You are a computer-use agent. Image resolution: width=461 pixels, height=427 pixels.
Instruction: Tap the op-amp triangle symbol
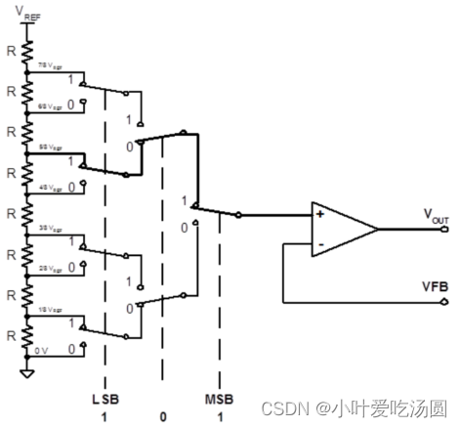click(341, 229)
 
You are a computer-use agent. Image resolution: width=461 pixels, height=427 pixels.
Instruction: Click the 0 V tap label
click(40, 348)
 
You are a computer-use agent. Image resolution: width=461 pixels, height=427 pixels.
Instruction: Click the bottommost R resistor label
click(9, 333)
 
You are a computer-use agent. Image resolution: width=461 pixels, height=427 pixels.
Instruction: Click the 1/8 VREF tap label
click(50, 309)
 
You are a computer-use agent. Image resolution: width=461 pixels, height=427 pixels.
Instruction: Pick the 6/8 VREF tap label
click(50, 103)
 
